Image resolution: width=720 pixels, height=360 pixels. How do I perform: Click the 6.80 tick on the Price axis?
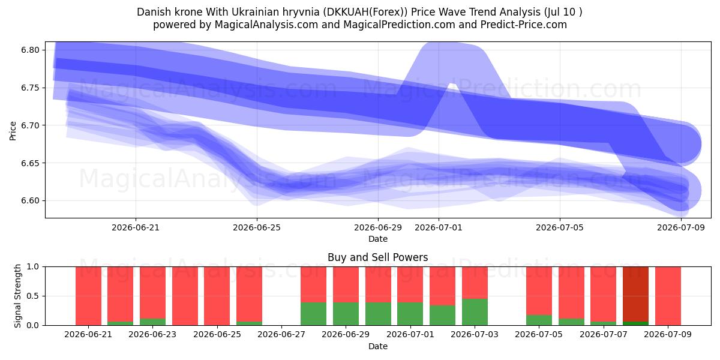click(x=30, y=50)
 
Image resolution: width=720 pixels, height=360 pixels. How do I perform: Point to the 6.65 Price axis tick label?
click(x=30, y=163)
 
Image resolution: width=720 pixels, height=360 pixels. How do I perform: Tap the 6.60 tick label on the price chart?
click(x=30, y=201)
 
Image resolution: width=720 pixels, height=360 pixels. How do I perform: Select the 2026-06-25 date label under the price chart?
click(x=257, y=228)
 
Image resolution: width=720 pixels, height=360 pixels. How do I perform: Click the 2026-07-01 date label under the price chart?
click(x=439, y=228)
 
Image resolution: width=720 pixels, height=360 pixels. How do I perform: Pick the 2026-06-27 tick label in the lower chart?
click(x=281, y=335)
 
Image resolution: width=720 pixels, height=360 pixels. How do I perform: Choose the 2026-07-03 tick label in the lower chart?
click(x=475, y=335)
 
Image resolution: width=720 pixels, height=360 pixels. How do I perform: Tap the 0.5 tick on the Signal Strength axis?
click(x=33, y=296)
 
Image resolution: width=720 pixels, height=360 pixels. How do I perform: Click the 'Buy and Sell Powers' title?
click(x=377, y=257)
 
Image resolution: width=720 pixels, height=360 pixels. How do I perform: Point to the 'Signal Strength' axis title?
click(x=17, y=296)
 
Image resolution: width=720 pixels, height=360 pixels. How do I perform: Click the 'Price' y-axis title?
click(x=13, y=131)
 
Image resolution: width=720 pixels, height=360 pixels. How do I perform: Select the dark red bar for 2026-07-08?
click(x=635, y=294)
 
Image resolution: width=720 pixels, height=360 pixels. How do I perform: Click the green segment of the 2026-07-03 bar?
click(x=475, y=312)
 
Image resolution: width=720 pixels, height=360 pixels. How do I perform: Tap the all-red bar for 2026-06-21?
click(x=88, y=296)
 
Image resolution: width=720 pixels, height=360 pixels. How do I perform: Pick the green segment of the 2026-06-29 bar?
click(x=346, y=314)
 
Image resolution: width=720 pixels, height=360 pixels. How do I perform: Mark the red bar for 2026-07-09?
click(x=668, y=296)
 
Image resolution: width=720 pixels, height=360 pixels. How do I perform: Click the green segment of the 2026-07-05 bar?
click(x=539, y=320)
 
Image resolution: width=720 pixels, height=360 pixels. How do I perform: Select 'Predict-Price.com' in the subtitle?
click(x=524, y=25)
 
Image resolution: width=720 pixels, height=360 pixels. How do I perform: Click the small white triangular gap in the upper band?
click(x=452, y=85)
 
